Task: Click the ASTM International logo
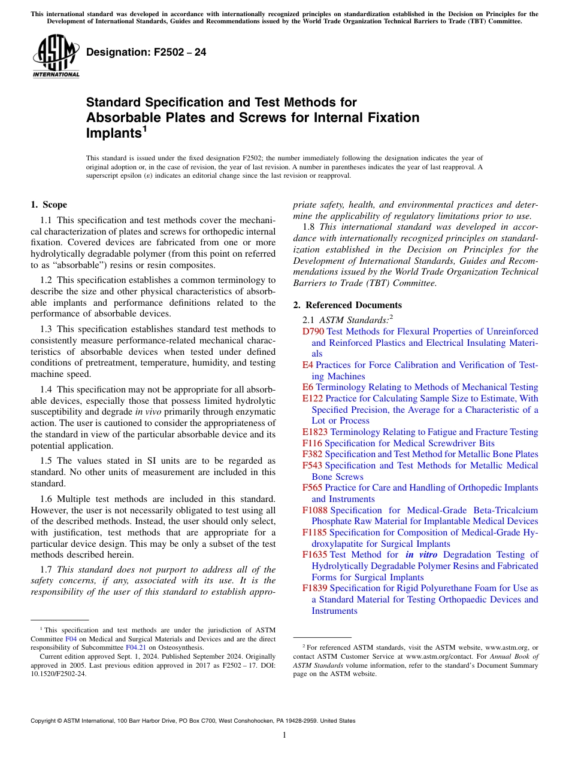56,56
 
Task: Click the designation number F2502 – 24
146,52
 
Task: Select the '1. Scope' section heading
49,205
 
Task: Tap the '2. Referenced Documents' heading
347,305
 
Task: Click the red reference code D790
313,331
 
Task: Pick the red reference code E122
313,398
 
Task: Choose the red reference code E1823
315,432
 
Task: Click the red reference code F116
312,443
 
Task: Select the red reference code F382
312,454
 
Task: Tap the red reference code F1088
314,510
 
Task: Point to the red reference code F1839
314,588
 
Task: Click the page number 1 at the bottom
284,735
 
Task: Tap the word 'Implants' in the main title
113,133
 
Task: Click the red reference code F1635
314,555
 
